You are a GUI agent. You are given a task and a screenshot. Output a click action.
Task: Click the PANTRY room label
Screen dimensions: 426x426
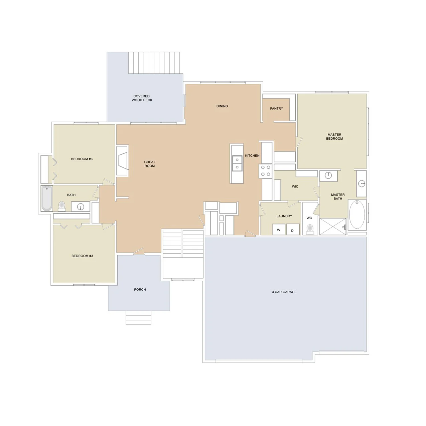276,109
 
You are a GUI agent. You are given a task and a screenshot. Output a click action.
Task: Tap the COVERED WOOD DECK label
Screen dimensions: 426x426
142,98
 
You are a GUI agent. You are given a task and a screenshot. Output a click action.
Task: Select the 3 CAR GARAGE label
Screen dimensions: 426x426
284,292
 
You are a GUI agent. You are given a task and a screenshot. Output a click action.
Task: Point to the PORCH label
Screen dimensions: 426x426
140,290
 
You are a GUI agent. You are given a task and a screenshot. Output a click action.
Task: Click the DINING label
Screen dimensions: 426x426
222,106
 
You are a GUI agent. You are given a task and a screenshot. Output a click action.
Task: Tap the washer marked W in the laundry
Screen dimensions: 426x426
279,230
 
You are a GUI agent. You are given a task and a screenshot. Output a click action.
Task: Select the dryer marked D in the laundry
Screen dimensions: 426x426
293,230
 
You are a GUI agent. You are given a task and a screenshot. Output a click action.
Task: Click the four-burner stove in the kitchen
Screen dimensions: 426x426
266,171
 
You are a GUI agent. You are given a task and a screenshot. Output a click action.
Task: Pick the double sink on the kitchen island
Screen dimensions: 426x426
237,163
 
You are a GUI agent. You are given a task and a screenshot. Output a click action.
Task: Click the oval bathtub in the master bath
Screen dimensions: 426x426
357,215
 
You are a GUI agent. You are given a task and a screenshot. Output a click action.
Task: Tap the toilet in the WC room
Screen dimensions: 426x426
310,230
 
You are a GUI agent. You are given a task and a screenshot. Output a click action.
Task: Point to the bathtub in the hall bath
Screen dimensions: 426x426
47,198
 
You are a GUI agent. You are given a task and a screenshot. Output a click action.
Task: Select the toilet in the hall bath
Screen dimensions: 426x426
62,206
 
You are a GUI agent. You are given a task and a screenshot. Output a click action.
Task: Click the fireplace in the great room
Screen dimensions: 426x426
123,161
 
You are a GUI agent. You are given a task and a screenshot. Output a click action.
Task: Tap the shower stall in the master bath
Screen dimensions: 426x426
333,227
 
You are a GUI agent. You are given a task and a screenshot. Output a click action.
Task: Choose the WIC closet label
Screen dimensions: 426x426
295,186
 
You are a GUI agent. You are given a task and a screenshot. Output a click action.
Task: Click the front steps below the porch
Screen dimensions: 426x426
139,318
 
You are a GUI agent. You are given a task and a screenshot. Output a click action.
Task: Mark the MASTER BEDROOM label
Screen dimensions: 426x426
334,137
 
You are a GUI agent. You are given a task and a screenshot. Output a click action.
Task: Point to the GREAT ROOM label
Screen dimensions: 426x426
150,164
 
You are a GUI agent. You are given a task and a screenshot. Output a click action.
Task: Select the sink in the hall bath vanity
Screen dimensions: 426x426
81,207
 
